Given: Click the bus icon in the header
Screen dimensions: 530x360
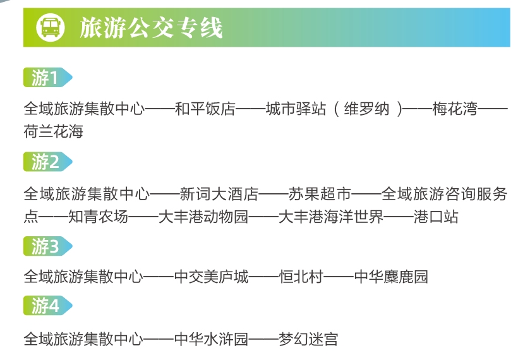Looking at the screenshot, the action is pyautogui.click(x=51, y=27).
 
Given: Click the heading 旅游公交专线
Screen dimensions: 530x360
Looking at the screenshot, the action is pyautogui.click(x=151, y=28).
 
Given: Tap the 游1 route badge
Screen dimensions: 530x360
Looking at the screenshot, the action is pyautogui.click(x=47, y=78).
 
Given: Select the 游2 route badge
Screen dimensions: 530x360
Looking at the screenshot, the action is pyautogui.click(x=47, y=162).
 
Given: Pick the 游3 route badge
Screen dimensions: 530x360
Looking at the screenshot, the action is pyautogui.click(x=47, y=246).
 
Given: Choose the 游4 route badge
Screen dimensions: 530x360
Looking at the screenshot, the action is pyautogui.click(x=47, y=306).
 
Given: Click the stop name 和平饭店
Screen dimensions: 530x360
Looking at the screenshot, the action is pyautogui.click(x=205, y=109).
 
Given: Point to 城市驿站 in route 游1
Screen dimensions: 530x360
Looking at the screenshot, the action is pyautogui.click(x=296, y=109).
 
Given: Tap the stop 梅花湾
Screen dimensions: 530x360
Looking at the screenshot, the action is pyautogui.click(x=455, y=109).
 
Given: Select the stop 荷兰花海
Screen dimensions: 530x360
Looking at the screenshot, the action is pyautogui.click(x=54, y=131).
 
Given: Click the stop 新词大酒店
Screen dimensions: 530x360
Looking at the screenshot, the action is pyautogui.click(x=219, y=194).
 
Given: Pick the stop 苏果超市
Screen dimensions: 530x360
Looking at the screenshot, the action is pyautogui.click(x=320, y=194).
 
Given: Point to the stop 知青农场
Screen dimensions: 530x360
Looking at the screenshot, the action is pyautogui.click(x=99, y=217).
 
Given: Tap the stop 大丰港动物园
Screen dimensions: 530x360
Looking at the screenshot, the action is pyautogui.click(x=203, y=217).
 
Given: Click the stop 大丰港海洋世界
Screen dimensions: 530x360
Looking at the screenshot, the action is pyautogui.click(x=331, y=217).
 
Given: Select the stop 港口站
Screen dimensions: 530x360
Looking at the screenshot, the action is pyautogui.click(x=436, y=217).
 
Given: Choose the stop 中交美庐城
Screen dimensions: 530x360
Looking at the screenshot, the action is pyautogui.click(x=212, y=277).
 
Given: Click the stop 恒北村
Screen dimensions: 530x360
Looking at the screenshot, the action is pyautogui.click(x=301, y=277).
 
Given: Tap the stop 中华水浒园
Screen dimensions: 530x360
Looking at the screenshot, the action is pyautogui.click(x=211, y=339).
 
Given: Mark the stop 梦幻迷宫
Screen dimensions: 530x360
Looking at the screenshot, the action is pyautogui.click(x=308, y=339).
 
